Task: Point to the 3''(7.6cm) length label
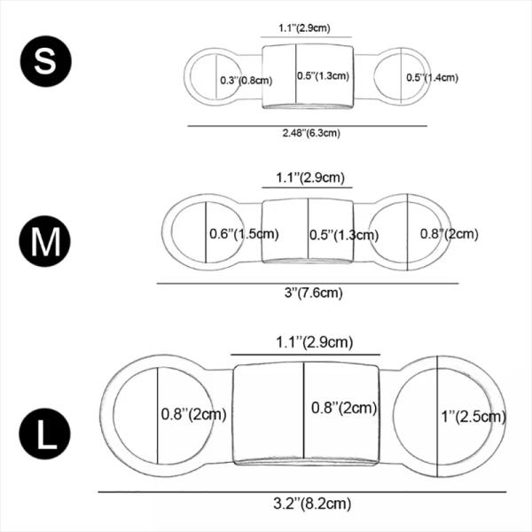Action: pyautogui.click(x=308, y=293)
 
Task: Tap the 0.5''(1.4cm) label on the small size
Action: pyautogui.click(x=432, y=78)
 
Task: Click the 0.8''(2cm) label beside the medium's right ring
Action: pyautogui.click(x=448, y=234)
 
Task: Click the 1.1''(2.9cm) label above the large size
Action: pyautogui.click(x=305, y=342)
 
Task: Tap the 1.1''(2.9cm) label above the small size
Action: pyautogui.click(x=304, y=28)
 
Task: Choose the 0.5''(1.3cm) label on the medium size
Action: pyautogui.click(x=344, y=235)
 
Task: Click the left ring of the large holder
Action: pyautogui.click(x=133, y=417)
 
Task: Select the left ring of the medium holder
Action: pyautogui.click(x=189, y=233)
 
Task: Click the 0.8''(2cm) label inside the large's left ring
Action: pyautogui.click(x=194, y=413)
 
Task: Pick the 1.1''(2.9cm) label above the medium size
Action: pyautogui.click(x=307, y=177)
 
